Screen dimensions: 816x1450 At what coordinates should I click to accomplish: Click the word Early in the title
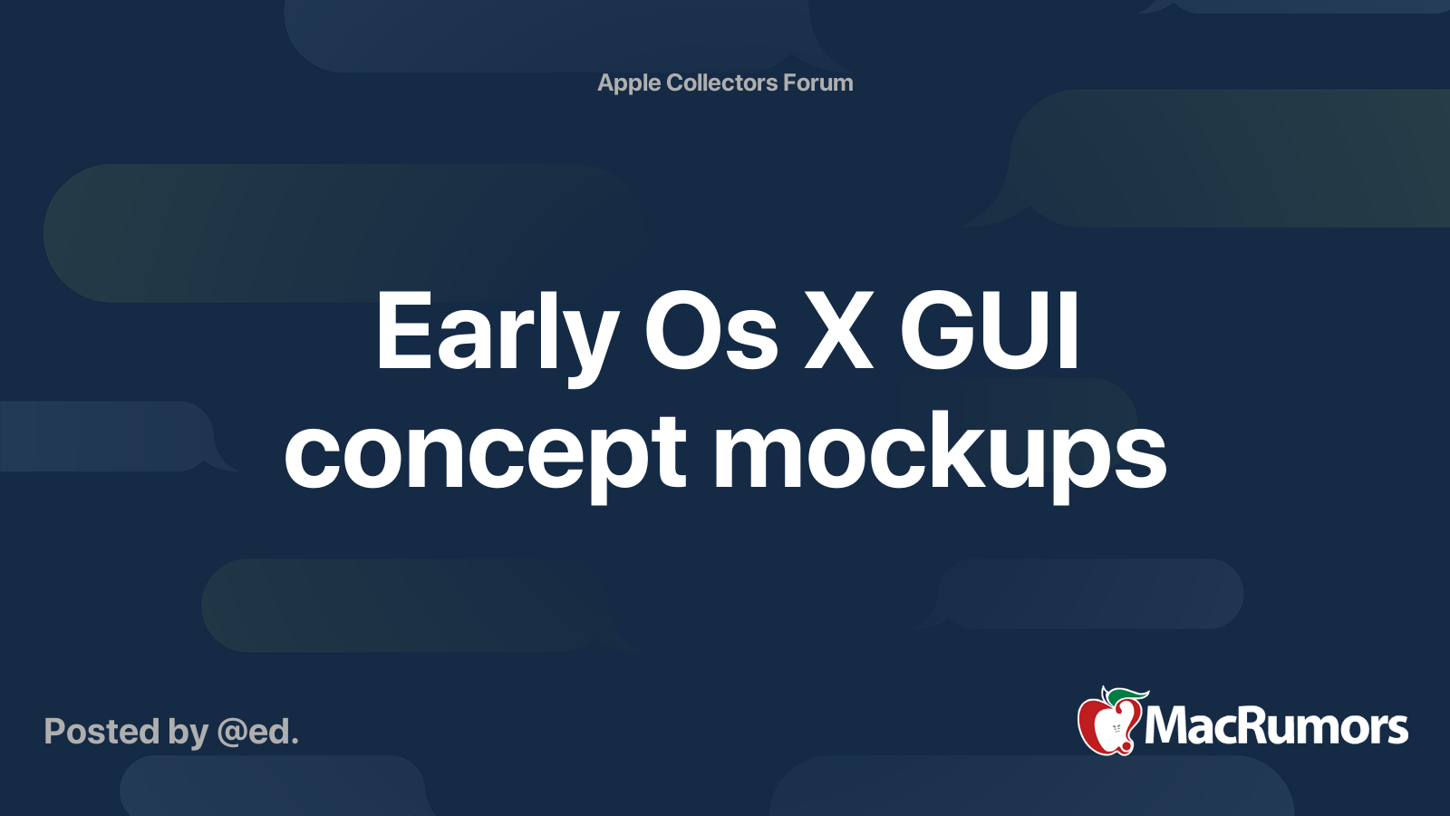coord(497,334)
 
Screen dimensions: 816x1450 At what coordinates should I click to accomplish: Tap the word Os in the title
coord(710,334)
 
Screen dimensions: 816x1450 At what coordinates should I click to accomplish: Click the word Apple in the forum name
coord(629,83)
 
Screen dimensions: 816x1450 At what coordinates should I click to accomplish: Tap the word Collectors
coord(722,83)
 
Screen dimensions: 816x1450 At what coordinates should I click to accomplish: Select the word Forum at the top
coord(818,83)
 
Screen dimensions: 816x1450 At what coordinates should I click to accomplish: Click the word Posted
coord(102,732)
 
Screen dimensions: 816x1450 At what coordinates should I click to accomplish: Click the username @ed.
coord(257,732)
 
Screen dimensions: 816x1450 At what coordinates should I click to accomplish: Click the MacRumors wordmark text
coord(1276,727)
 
